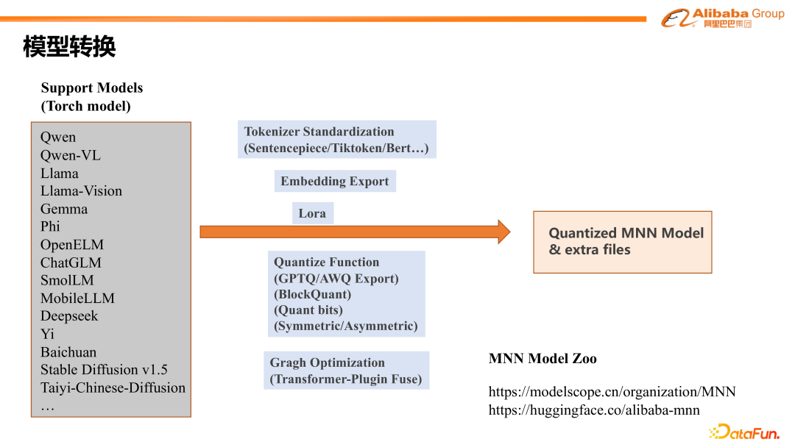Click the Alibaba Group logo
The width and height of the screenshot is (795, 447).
coord(722,18)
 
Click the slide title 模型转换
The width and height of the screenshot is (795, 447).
coord(69,48)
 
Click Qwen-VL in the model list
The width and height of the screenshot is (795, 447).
coord(70,155)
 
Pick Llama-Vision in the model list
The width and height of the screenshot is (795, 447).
coord(81,191)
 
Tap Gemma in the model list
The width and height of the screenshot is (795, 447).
coord(64,209)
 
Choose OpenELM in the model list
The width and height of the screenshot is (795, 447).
coord(72,245)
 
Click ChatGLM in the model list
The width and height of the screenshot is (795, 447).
coord(71,262)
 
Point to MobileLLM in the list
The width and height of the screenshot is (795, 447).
coord(77,298)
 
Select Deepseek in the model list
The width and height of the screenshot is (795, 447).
coord(69,316)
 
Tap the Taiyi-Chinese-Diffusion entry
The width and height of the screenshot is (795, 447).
coord(113,387)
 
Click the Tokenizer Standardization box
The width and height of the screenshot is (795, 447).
coord(336,140)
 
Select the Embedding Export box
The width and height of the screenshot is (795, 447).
coord(334,182)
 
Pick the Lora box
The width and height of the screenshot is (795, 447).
coord(312,214)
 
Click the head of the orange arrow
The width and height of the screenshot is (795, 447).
coord(504,232)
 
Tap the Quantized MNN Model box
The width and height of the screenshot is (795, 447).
coord(622,242)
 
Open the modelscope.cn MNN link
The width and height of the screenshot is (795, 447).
coord(612,392)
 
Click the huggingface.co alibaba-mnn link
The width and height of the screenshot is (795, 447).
coord(594,410)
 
